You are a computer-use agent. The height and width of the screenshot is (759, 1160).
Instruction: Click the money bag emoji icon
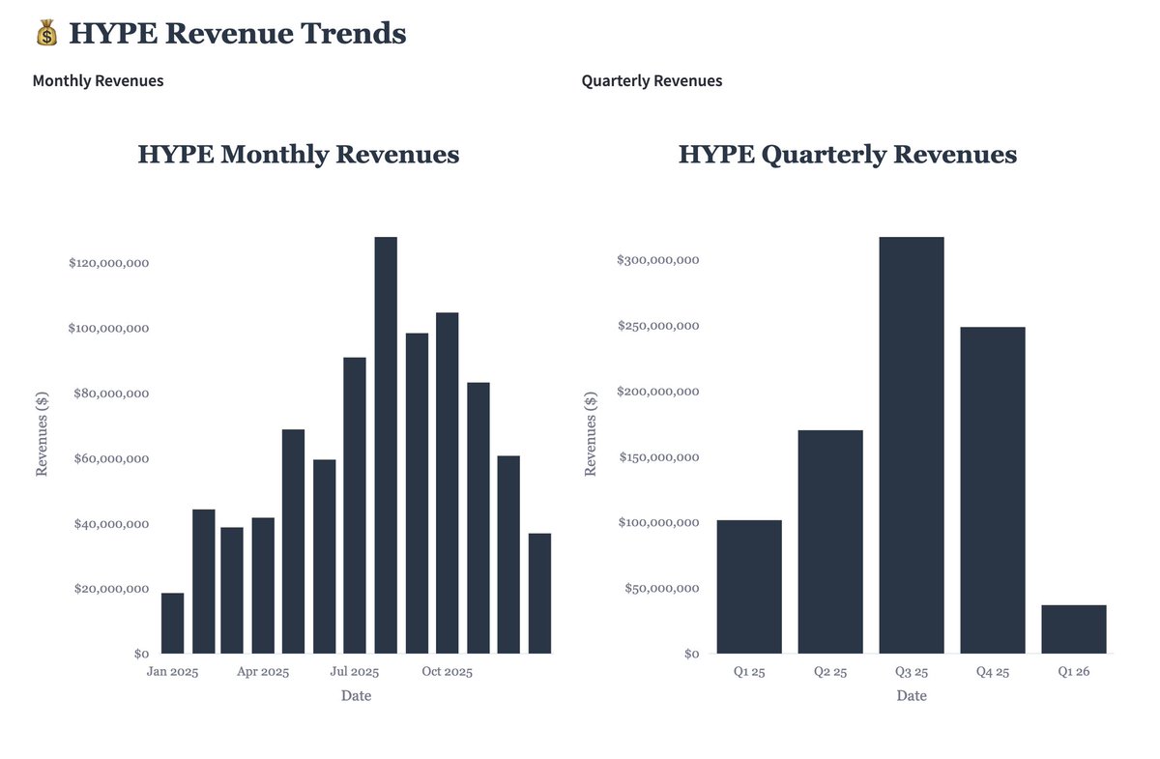pos(46,34)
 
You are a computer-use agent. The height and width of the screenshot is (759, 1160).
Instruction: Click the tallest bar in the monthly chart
pos(386,445)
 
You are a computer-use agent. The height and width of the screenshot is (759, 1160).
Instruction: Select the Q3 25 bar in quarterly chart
pos(911,445)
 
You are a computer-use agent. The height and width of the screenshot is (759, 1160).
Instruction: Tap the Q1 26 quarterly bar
pos(1073,629)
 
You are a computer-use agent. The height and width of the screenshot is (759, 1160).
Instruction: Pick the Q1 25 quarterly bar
pos(749,587)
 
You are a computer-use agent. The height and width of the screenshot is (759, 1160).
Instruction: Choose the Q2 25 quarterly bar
pos(830,541)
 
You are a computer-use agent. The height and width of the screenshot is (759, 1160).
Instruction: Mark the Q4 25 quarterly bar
pos(992,490)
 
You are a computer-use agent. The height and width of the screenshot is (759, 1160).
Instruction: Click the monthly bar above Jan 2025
pos(172,623)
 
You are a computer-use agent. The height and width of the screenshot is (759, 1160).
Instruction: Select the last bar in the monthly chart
pos(539,593)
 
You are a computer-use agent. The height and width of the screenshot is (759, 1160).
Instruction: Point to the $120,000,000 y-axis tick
pos(108,263)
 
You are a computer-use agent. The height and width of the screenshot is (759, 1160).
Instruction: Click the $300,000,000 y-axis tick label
pos(658,260)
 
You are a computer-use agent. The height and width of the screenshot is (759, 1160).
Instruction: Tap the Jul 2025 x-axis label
pos(355,672)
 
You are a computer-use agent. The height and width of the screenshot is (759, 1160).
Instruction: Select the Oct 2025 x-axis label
pos(448,672)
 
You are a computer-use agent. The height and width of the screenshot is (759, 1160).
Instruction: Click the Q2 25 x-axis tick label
pos(830,672)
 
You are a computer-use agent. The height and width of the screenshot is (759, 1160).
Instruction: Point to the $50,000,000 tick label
pos(662,588)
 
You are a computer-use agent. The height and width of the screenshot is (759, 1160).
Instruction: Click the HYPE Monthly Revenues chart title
pos(299,155)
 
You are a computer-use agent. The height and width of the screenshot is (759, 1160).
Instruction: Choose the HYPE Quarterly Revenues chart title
pos(847,155)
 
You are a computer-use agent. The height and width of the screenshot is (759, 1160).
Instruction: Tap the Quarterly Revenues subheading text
pos(652,81)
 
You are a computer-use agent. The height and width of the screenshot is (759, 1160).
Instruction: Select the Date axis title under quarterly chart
pos(911,696)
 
